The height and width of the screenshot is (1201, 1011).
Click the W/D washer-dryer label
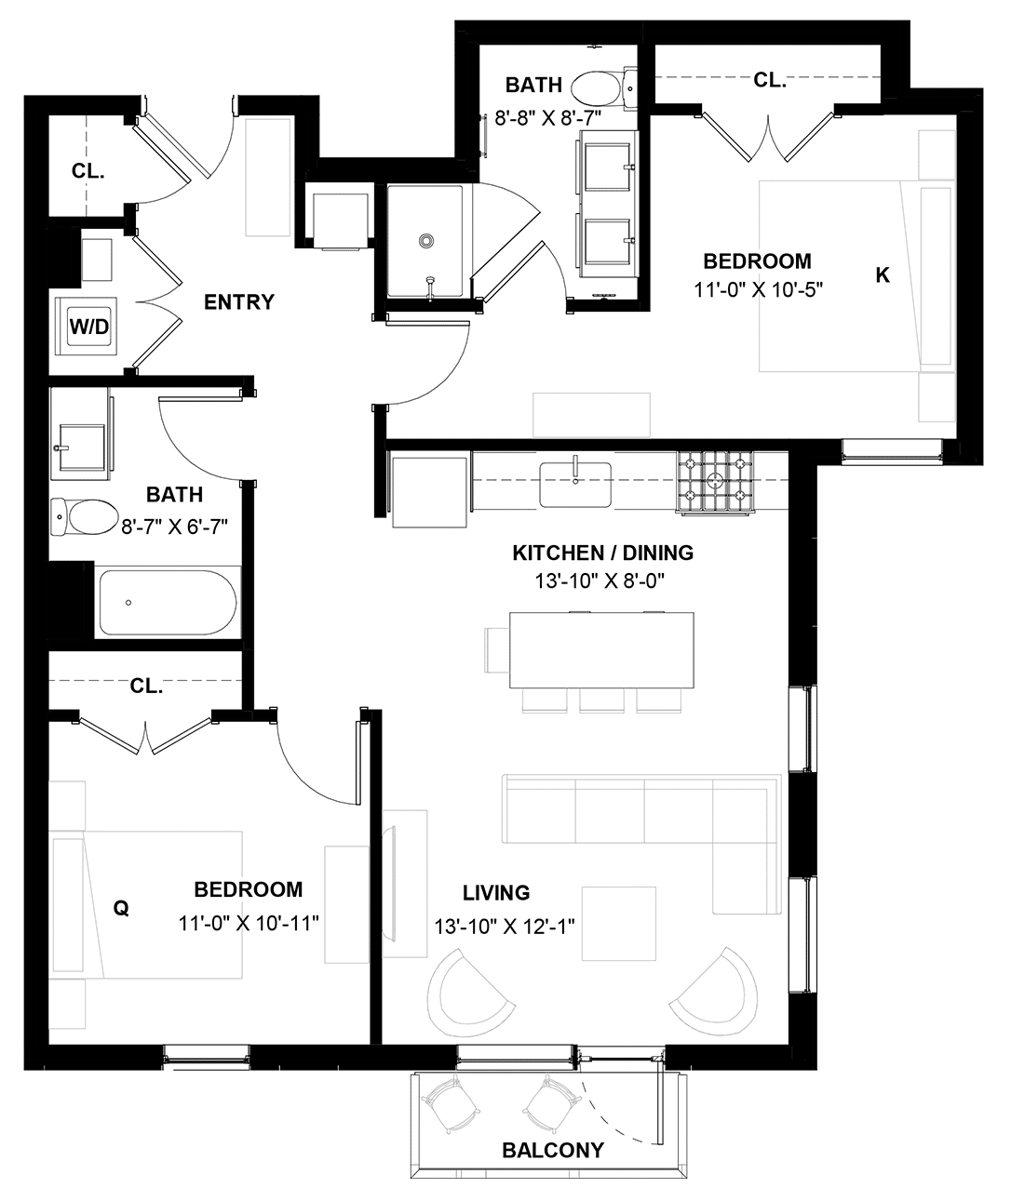coord(89,327)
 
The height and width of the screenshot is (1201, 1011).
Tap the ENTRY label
coord(239,302)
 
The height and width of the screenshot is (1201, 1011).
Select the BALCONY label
coord(553,1150)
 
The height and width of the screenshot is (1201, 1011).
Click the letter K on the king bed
coord(883,275)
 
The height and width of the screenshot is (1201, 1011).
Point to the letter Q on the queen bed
coord(121,908)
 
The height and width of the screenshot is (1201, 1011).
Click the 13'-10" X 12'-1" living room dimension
coord(505,927)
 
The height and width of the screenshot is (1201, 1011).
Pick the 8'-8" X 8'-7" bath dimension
coord(548,118)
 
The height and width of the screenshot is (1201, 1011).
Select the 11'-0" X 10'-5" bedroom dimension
coord(758,289)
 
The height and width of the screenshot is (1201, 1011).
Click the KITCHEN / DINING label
coord(603,553)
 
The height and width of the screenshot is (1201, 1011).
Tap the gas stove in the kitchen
coord(715,482)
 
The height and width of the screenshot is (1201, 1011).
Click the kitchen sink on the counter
coord(575,485)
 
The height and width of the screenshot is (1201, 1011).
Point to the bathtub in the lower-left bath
coord(168,602)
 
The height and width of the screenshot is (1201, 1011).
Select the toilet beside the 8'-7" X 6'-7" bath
coord(83,516)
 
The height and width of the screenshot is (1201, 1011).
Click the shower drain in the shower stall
coord(426,240)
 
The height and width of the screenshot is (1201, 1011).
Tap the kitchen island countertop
coord(601,650)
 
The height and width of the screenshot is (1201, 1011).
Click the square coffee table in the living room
coord(619,925)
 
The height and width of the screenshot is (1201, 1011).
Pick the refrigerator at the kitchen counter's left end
coord(429,492)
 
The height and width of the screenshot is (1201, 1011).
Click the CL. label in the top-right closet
coord(770,81)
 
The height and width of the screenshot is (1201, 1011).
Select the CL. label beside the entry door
coord(88,171)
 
